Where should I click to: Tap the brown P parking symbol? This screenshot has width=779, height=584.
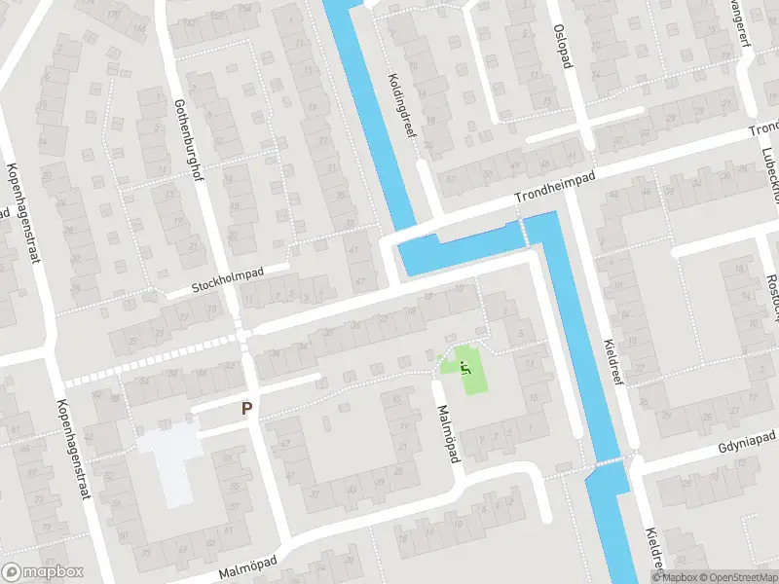(x=247, y=410)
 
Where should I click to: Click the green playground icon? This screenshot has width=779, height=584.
(x=464, y=367)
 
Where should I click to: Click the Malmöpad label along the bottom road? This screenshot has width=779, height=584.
(x=248, y=568)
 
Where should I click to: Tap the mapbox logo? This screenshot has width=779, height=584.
(x=42, y=572)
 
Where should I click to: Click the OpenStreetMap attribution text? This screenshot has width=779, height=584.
(x=737, y=577)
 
